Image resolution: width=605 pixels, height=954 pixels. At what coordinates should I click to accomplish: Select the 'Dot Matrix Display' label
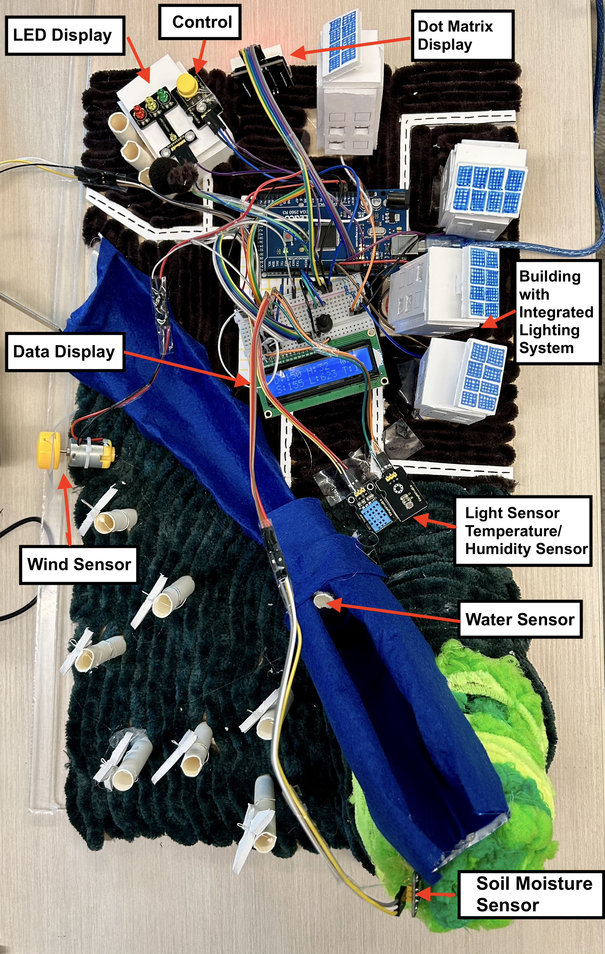click(x=462, y=36)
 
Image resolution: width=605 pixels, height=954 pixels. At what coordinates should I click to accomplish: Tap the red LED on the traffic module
click(x=138, y=110)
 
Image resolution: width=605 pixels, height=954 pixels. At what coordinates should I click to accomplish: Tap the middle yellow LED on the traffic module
click(x=151, y=103)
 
